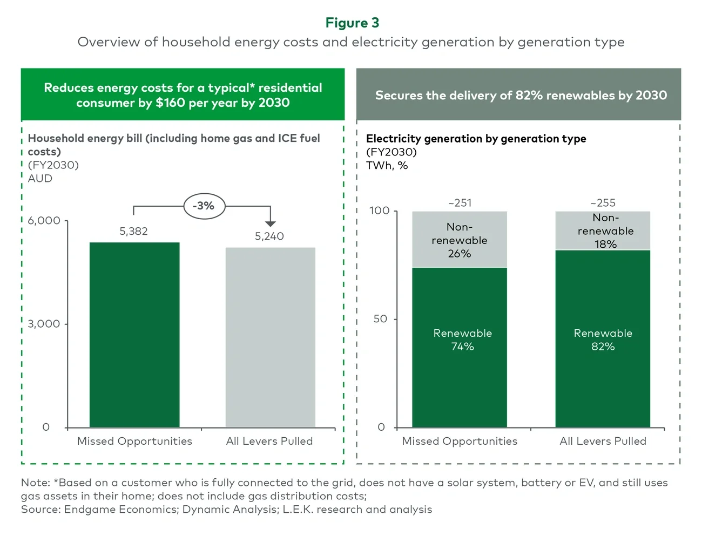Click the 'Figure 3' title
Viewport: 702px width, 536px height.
tap(352, 23)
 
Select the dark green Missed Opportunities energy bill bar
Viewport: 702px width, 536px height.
tap(134, 335)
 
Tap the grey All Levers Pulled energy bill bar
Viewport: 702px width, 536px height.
tap(270, 337)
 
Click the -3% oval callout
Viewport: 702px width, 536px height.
tap(204, 206)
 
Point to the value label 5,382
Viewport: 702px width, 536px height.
tap(133, 232)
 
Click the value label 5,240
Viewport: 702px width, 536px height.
tap(269, 236)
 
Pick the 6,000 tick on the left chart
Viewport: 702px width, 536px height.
tap(44, 221)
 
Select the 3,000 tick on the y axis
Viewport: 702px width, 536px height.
tap(44, 324)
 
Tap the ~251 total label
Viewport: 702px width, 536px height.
tap(460, 203)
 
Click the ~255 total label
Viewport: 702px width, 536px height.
tap(603, 203)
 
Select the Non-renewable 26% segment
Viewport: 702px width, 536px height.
tap(460, 240)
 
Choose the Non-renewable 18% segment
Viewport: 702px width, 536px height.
tap(603, 231)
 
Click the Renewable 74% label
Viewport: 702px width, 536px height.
tap(462, 340)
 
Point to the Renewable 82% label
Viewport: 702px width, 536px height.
tap(603, 340)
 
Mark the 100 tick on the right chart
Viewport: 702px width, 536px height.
tap(379, 211)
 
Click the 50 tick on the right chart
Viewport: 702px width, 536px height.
tap(381, 319)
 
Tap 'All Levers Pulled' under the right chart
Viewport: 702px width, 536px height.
tap(603, 441)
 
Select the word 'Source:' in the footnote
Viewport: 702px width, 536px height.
tap(40, 510)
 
